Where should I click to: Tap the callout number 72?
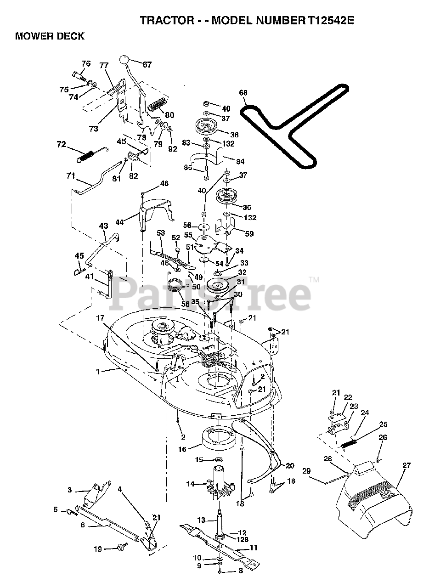pyautogui.click(x=61, y=144)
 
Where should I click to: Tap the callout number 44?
pyautogui.click(x=119, y=222)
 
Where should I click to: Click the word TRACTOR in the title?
pyautogui.click(x=161, y=21)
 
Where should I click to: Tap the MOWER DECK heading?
pyautogui.click(x=50, y=36)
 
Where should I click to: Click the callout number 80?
pyautogui.click(x=169, y=115)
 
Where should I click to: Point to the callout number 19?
pyautogui.click(x=97, y=548)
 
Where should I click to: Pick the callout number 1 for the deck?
pyautogui.click(x=98, y=372)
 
